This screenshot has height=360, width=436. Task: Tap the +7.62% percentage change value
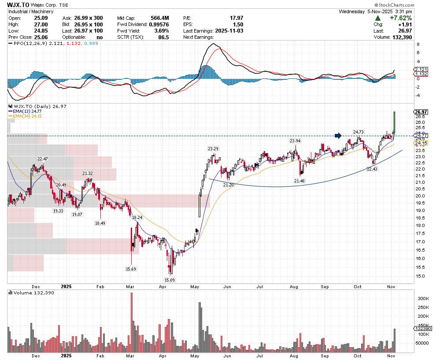[400, 18]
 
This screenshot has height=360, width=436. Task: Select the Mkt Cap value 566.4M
[160, 18]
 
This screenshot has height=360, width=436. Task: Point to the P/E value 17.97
[236, 18]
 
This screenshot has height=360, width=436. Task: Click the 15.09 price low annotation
[169, 279]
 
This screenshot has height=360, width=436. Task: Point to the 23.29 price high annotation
[213, 148]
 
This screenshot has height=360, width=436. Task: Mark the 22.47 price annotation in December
[43, 159]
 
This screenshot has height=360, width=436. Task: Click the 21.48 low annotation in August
[299, 181]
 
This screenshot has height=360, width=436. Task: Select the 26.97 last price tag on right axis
[421, 112]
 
